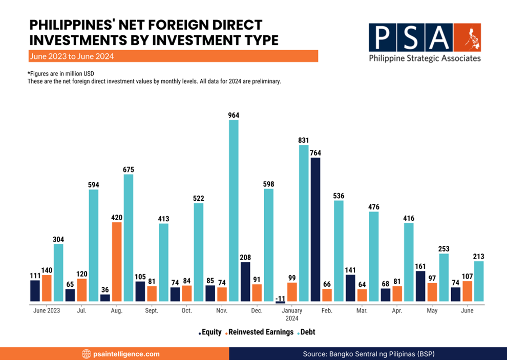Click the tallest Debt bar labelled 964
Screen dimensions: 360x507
coord(234,210)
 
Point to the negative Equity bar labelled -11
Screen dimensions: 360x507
coord(280,302)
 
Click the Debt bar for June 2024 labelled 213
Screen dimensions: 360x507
coord(479,281)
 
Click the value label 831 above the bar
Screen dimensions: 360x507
coord(304,140)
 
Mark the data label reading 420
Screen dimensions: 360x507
coord(117,217)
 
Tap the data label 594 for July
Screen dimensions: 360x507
coord(93,184)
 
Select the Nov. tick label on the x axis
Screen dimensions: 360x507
coord(222,310)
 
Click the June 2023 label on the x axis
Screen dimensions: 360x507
coord(47,310)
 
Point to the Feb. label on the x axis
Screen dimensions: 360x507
coord(327,310)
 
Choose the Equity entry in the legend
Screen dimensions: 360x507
coord(210,332)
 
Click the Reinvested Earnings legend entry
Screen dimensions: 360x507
coord(261,332)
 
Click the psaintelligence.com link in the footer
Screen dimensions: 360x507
coord(126,354)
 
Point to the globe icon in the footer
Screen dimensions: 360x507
coord(86,354)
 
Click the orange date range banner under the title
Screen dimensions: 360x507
coord(174,56)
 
